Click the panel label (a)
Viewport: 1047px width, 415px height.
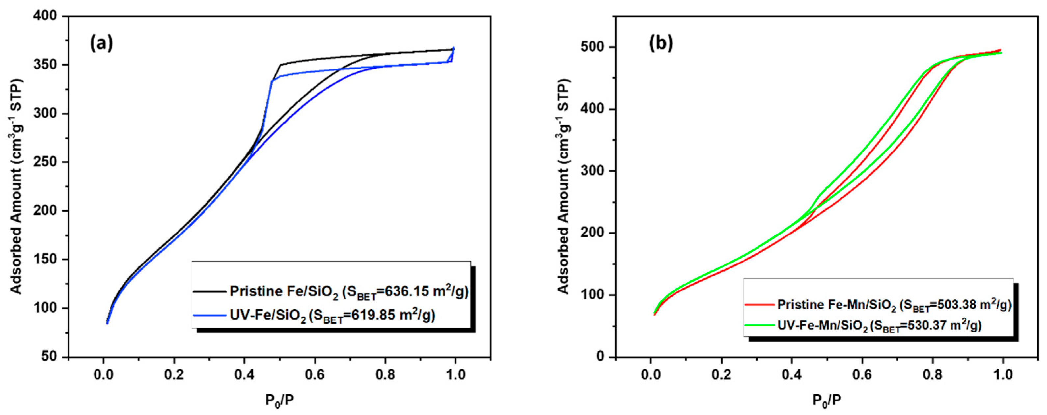pyautogui.click(x=101, y=43)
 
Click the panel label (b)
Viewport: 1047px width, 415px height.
pyautogui.click(x=661, y=43)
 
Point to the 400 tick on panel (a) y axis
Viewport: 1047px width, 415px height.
pyautogui.click(x=48, y=17)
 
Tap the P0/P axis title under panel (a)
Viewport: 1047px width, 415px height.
pyautogui.click(x=280, y=401)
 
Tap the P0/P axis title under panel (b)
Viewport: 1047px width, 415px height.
pyautogui.click(x=827, y=401)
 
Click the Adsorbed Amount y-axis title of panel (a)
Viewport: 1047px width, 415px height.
pyautogui.click(x=16, y=186)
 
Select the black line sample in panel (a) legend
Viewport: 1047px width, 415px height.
pyautogui.click(x=209, y=291)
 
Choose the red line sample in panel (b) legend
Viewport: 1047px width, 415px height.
pyautogui.click(x=759, y=304)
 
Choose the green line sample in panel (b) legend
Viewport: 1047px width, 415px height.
pyautogui.click(x=759, y=325)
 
